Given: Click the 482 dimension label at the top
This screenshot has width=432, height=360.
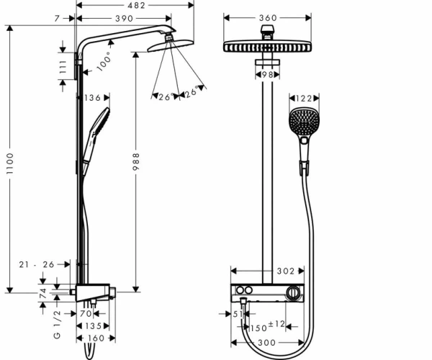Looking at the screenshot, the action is tap(136, 5).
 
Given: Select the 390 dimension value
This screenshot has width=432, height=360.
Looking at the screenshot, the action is tap(125, 19).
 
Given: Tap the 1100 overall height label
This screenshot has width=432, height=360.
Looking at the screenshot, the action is tap(10, 163).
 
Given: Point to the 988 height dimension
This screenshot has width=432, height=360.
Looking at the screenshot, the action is tap(136, 162).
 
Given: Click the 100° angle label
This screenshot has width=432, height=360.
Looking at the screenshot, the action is tap(104, 62).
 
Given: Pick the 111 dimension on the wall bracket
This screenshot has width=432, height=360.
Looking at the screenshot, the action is tap(63, 67).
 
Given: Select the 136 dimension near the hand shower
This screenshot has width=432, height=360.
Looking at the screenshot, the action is tap(93, 98).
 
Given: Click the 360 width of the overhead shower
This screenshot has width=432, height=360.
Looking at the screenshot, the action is tap(268, 18).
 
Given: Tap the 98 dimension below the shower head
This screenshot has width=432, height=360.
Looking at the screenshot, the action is tap(267, 75).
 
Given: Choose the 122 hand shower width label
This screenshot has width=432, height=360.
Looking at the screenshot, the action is tap(304, 99).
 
